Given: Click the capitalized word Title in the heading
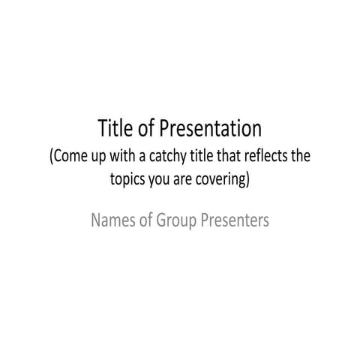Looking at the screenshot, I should tap(115, 129).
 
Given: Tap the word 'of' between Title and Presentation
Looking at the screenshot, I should tap(148, 129).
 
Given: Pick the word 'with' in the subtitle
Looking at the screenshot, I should tap(122, 158).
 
